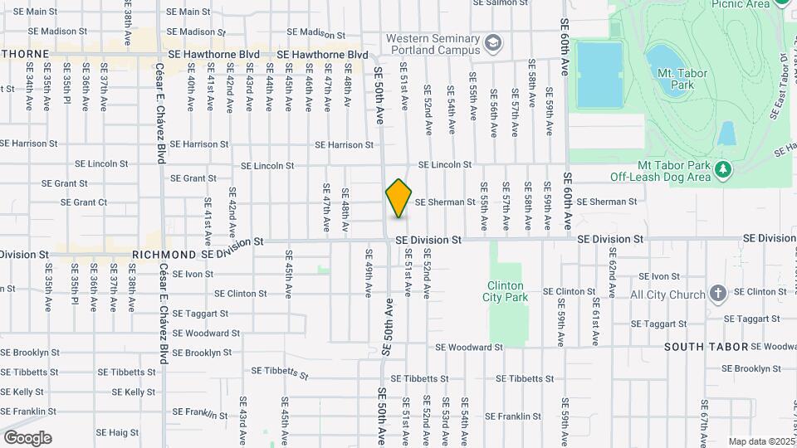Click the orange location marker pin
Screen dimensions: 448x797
click(x=398, y=197)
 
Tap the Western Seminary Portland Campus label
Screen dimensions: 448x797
click(x=432, y=44)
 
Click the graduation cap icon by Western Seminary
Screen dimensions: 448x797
click(x=493, y=41)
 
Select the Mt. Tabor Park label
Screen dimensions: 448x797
click(x=682, y=79)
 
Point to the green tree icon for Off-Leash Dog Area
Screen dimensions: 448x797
click(x=724, y=169)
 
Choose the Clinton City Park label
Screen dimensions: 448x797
click(x=505, y=291)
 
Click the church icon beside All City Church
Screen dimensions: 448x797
click(x=718, y=294)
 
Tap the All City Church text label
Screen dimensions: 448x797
click(x=667, y=295)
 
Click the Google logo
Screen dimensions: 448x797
click(x=27, y=438)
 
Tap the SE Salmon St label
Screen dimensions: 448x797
click(x=500, y=3)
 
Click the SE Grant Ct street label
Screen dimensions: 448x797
click(x=84, y=202)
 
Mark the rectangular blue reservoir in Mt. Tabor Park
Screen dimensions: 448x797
click(x=599, y=75)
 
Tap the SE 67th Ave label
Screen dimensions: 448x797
click(x=703, y=419)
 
